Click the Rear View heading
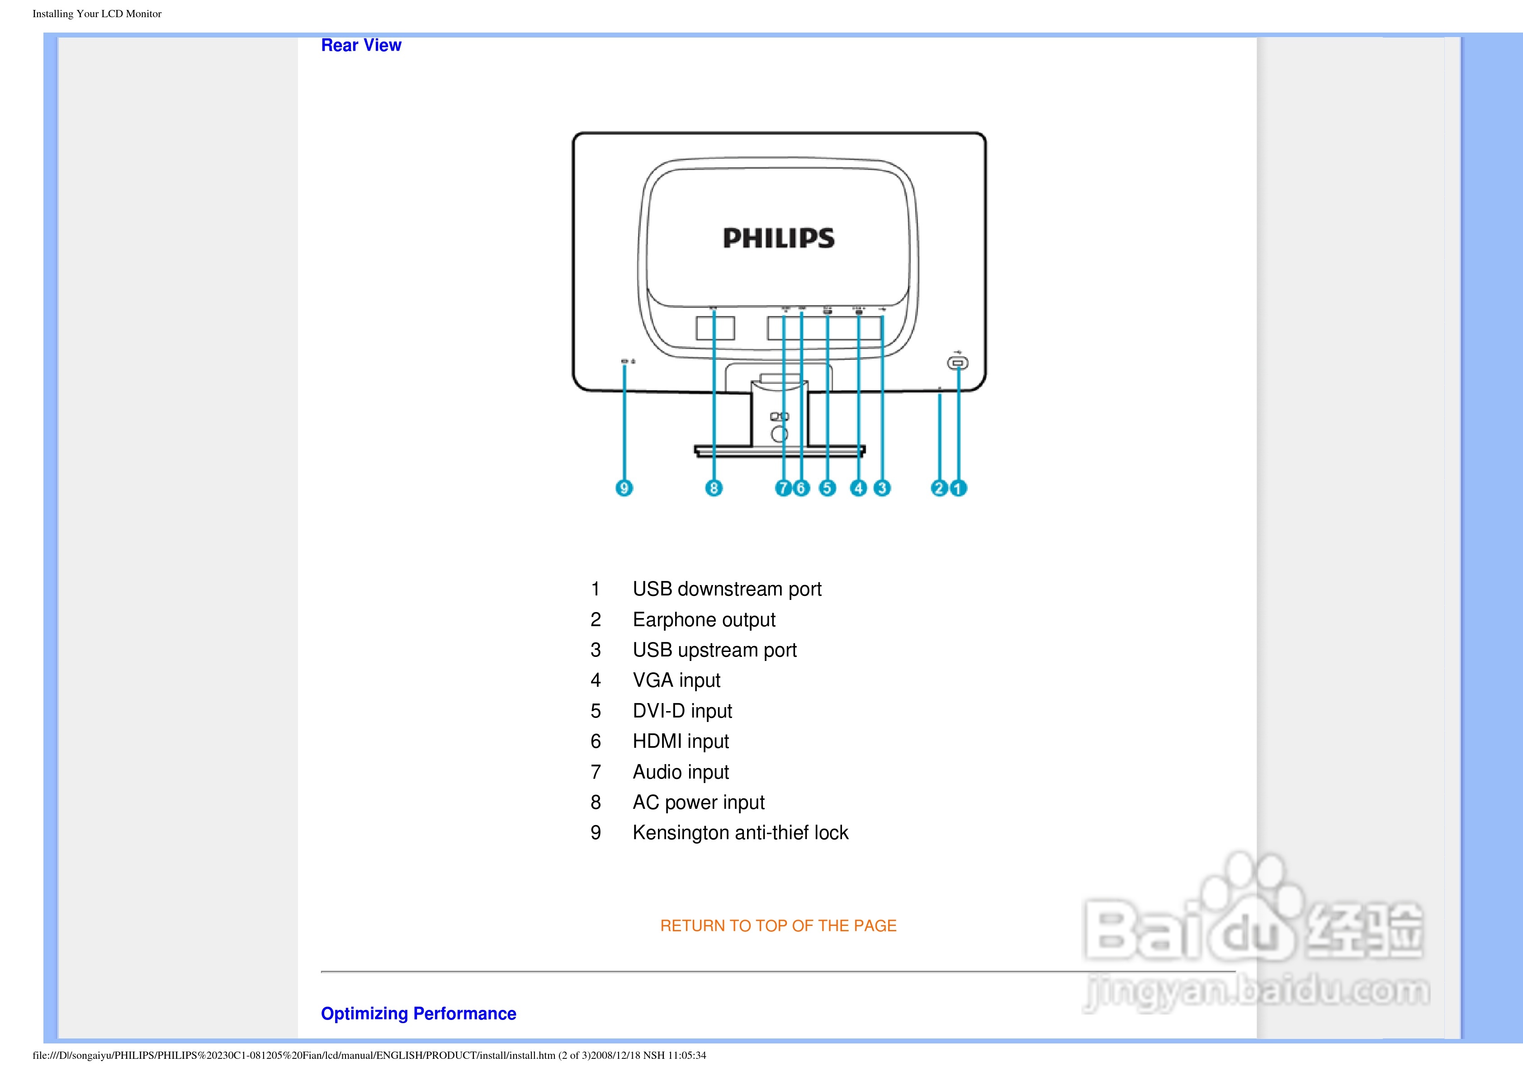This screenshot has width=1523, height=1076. point(361,45)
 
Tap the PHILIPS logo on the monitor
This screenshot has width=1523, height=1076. point(779,238)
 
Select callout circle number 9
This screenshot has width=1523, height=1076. point(624,488)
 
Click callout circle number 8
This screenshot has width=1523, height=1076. point(714,488)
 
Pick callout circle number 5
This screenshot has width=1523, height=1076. point(827,488)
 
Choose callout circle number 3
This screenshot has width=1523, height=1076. point(882,488)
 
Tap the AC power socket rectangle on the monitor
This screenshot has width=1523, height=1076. point(715,328)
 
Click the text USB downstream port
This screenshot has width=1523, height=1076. point(727,589)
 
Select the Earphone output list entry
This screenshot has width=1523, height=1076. point(704,619)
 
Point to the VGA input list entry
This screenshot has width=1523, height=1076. point(676,680)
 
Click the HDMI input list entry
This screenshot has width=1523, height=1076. point(681,741)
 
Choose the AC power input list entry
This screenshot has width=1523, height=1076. point(699,802)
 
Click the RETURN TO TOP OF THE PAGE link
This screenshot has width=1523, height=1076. point(778,926)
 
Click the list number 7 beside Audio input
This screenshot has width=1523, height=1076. point(596,772)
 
